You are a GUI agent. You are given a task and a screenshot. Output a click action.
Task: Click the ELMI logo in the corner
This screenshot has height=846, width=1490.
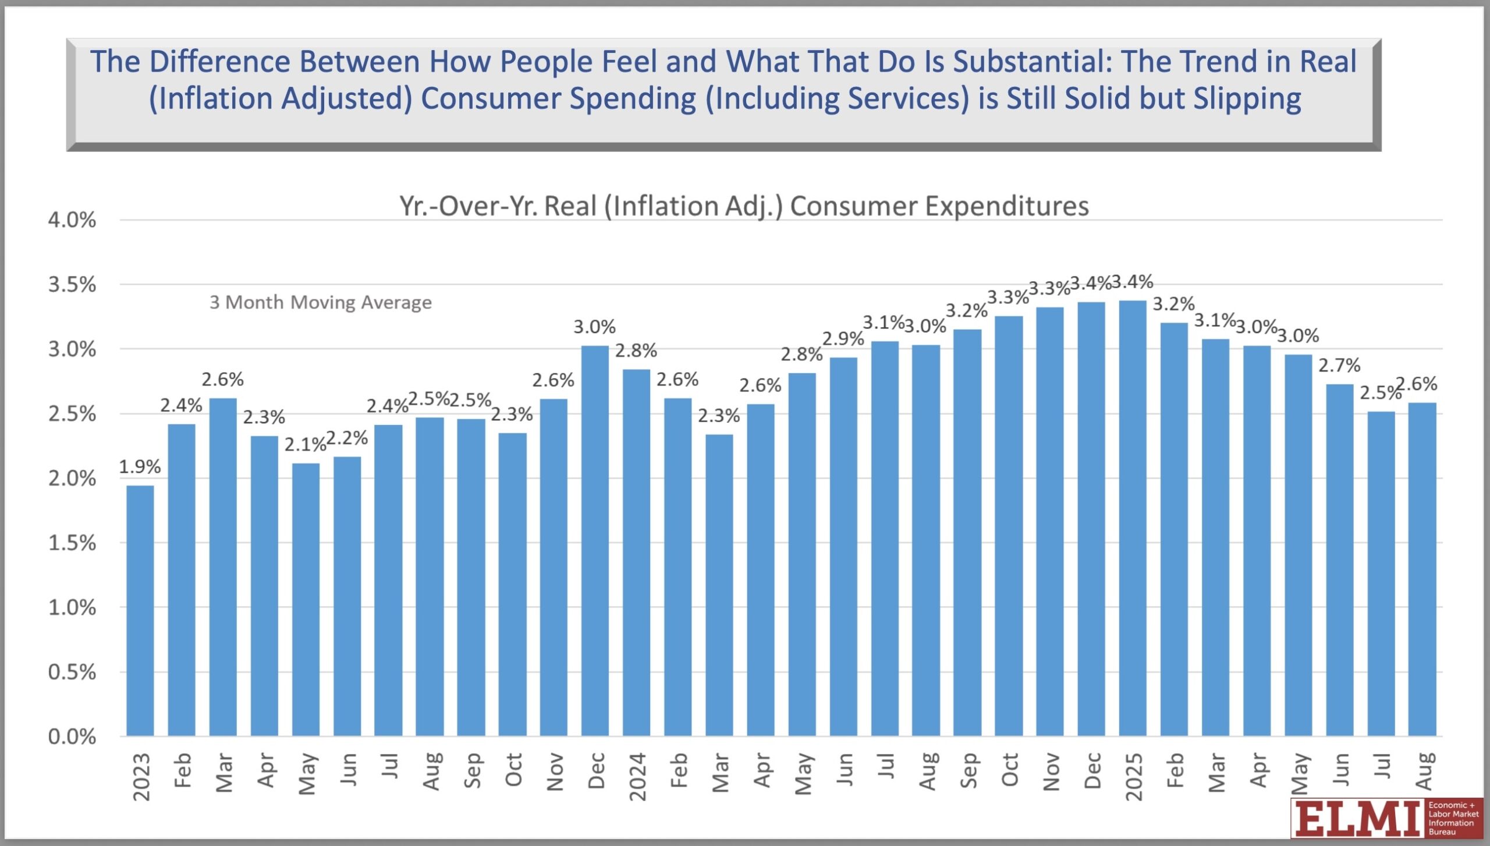(1385, 818)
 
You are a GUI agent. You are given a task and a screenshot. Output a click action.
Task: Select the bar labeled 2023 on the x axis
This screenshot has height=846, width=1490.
(140, 611)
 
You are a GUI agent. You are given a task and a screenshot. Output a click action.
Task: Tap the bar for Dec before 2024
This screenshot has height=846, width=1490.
(595, 541)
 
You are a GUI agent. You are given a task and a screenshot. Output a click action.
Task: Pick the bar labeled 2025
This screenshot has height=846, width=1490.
(1133, 518)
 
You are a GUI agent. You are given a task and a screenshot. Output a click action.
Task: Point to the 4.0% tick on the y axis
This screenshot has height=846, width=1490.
(72, 220)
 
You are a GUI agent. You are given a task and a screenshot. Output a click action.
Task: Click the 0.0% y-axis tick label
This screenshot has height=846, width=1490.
(72, 737)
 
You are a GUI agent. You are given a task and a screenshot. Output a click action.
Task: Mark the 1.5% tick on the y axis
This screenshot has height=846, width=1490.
(72, 543)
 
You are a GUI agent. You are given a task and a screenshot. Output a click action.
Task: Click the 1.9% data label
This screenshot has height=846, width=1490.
(140, 466)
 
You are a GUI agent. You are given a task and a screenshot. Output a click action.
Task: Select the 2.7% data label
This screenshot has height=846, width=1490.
(1339, 366)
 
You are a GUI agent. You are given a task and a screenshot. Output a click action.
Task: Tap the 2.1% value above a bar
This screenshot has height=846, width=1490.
(305, 445)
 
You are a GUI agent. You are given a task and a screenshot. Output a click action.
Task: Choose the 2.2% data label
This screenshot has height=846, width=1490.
(347, 438)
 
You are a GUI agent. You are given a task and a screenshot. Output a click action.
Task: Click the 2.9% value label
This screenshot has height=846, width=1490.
(843, 338)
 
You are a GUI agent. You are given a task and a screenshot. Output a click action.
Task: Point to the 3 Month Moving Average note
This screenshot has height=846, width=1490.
(321, 302)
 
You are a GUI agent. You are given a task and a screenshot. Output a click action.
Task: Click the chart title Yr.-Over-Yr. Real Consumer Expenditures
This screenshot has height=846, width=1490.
(744, 206)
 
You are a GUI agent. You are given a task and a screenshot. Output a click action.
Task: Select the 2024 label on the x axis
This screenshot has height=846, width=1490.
(638, 777)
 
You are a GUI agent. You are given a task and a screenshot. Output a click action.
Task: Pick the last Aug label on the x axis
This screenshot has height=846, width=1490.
(1423, 771)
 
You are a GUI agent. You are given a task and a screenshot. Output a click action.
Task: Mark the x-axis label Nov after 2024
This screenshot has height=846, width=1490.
(1051, 771)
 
